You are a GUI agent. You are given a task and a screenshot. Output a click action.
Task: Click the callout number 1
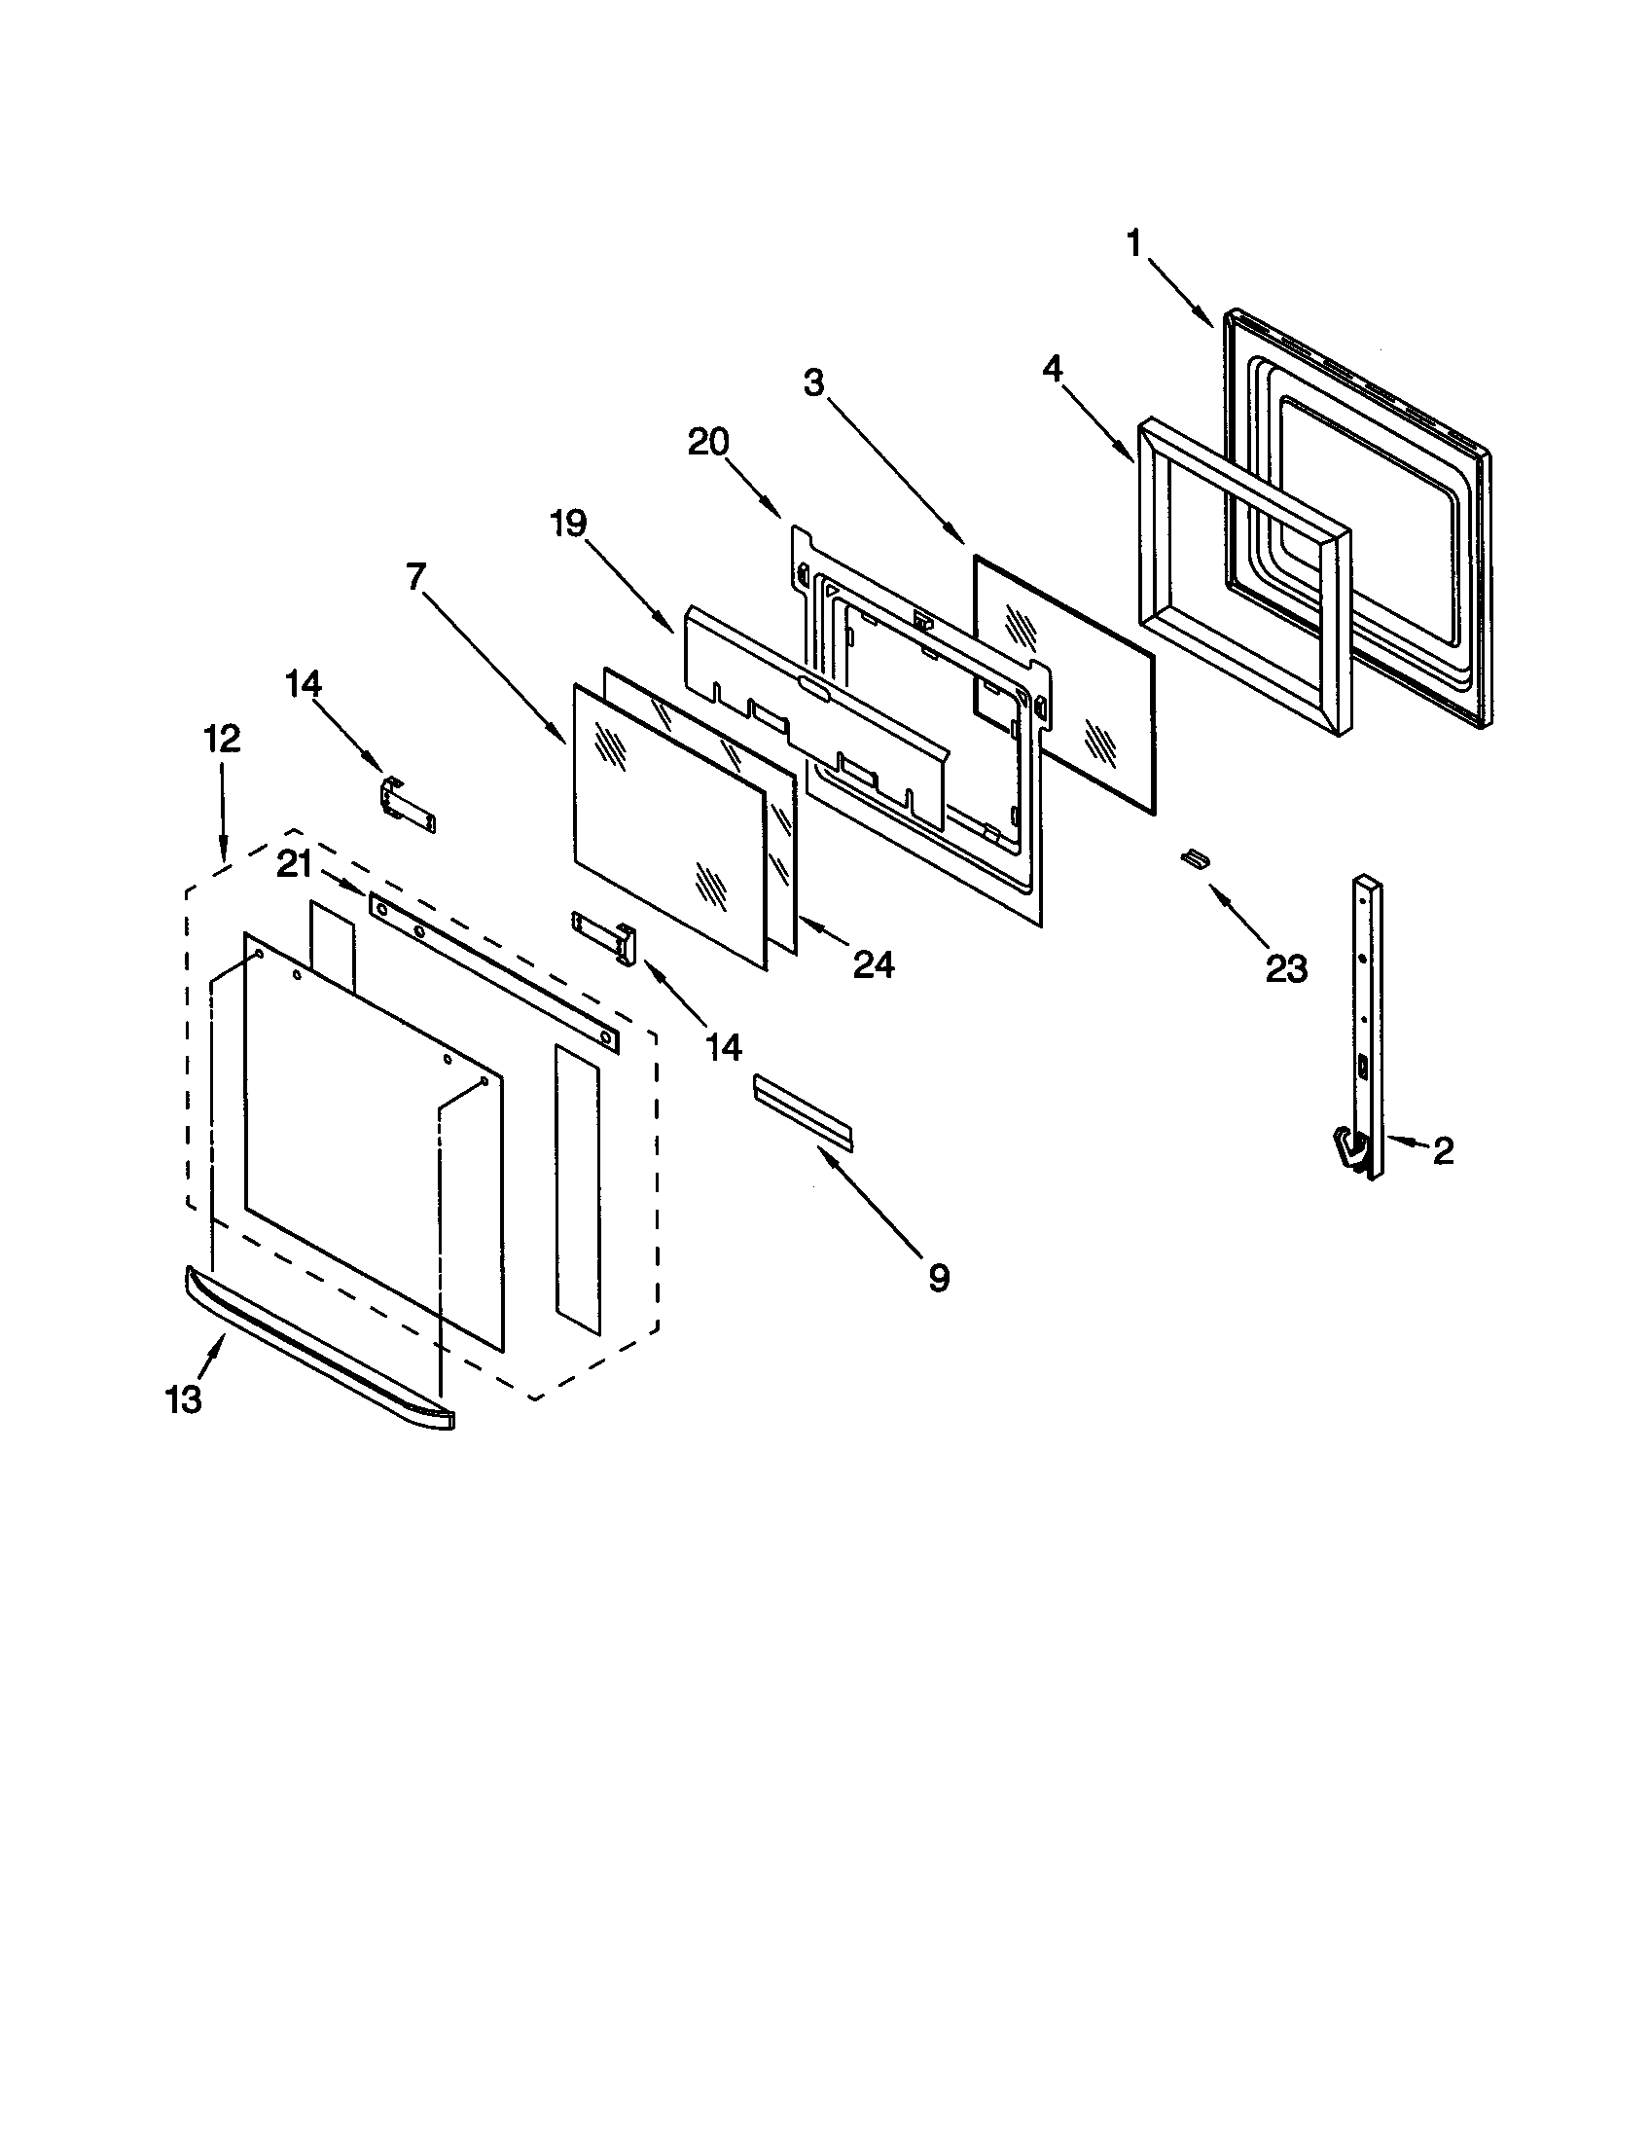point(1133,243)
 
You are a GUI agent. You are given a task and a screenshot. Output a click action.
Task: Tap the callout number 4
point(1052,370)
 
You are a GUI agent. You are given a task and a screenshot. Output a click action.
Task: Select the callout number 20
point(708,443)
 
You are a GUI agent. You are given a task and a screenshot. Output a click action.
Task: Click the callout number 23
point(1285,969)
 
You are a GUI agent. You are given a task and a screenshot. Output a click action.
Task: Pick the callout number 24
point(873,965)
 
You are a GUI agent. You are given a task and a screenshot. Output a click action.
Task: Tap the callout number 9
point(938,1278)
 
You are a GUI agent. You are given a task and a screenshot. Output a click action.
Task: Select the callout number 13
point(184,1398)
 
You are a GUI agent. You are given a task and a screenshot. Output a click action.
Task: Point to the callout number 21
point(294,864)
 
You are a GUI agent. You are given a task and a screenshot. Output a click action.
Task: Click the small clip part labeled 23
point(1194,858)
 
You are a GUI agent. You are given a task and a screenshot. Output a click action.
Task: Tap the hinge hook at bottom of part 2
point(1351,1148)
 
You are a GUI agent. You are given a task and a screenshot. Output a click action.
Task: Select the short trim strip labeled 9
point(804,1111)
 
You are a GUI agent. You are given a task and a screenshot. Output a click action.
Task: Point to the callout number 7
point(415,576)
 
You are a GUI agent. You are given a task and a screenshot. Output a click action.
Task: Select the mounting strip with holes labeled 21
point(495,970)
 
